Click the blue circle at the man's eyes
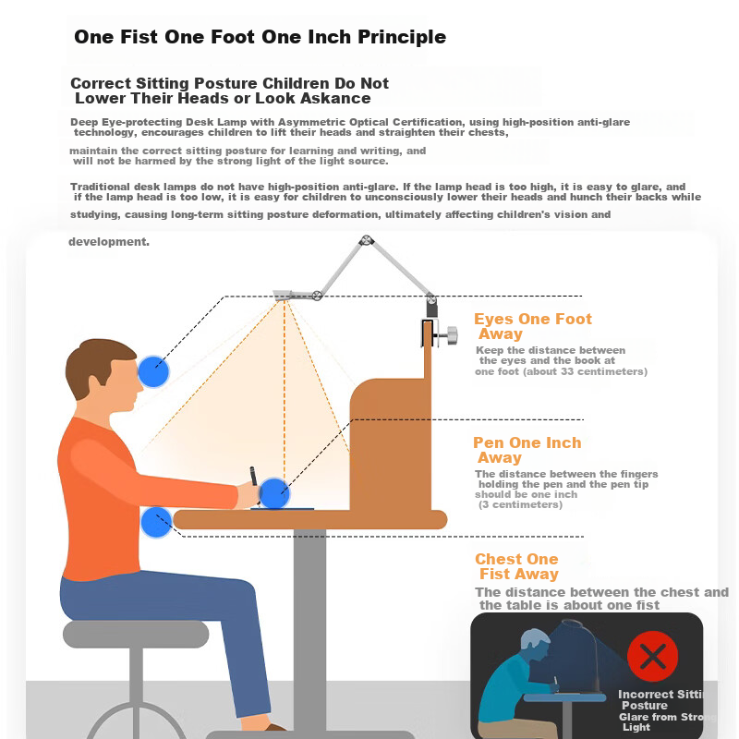click(x=153, y=371)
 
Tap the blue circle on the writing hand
click(x=273, y=493)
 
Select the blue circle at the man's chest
click(x=156, y=522)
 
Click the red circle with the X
click(x=653, y=656)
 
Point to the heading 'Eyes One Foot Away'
click(x=533, y=326)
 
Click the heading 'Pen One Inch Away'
click(x=527, y=450)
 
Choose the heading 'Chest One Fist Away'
click(x=516, y=566)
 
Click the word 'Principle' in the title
click(x=402, y=37)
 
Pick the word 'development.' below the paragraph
click(x=109, y=242)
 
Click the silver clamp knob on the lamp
click(x=452, y=335)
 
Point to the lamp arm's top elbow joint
click(x=366, y=241)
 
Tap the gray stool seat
click(x=136, y=634)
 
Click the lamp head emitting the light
click(x=283, y=296)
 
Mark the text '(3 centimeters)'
click(x=520, y=504)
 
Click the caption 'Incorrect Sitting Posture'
click(x=660, y=699)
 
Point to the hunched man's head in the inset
click(x=535, y=646)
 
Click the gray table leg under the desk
click(x=309, y=632)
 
